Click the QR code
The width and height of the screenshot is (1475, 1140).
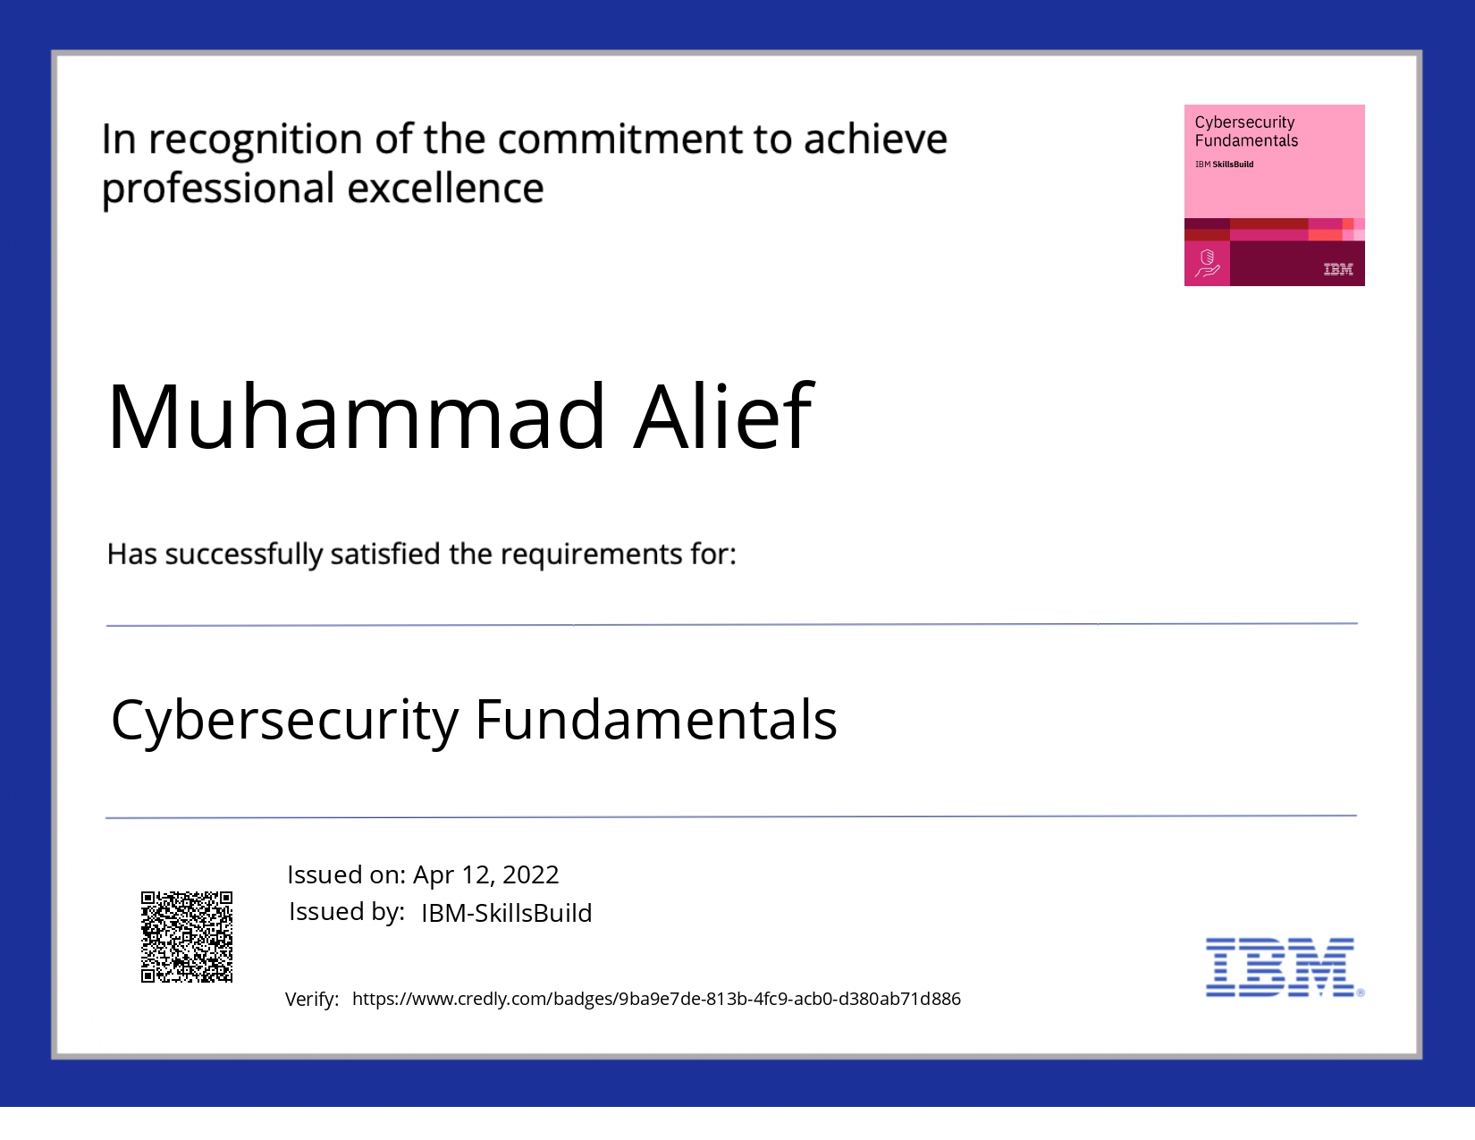click(x=187, y=936)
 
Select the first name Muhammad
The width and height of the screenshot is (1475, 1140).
click(x=357, y=417)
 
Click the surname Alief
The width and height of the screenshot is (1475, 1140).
click(x=723, y=417)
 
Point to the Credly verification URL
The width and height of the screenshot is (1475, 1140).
click(x=656, y=999)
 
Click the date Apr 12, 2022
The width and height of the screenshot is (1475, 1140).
click(x=485, y=874)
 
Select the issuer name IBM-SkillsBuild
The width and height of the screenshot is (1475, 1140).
click(x=506, y=913)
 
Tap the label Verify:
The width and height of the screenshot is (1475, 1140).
click(x=312, y=1000)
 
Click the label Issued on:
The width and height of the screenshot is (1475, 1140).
click(x=346, y=874)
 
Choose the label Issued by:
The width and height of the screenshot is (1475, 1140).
click(x=346, y=912)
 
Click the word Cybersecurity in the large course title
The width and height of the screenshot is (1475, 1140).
click(x=284, y=721)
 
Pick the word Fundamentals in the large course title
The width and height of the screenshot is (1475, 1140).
click(x=656, y=720)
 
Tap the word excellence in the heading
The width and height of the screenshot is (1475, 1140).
click(x=445, y=189)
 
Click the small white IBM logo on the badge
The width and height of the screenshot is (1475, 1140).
click(x=1337, y=269)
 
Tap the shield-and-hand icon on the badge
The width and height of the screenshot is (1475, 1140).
click(x=1207, y=264)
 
